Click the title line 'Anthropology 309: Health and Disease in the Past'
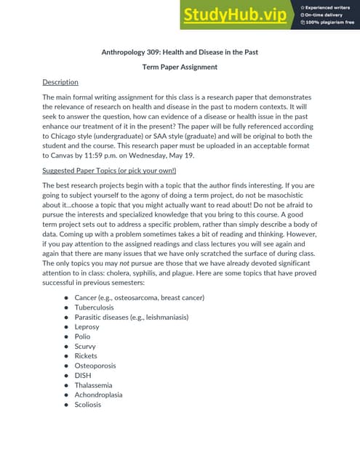point(180,52)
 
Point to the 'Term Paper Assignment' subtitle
point(180,67)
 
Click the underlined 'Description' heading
point(60,82)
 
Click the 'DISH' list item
point(83,376)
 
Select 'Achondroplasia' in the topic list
point(98,395)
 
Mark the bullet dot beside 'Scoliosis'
point(66,405)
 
